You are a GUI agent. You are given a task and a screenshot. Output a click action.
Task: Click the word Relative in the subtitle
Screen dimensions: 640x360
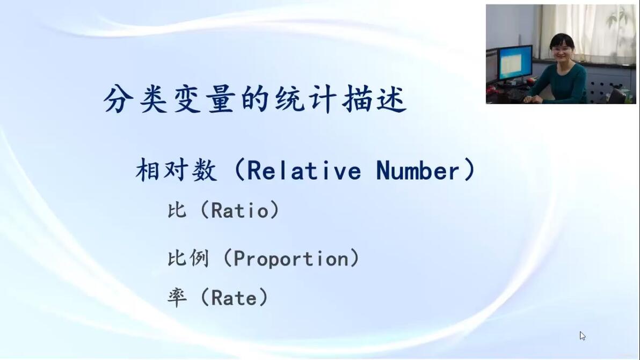[x=304, y=171]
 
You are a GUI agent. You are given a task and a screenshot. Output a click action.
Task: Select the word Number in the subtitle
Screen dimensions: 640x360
[x=418, y=171]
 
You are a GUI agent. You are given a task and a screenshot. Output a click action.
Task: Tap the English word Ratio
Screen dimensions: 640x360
[x=240, y=210]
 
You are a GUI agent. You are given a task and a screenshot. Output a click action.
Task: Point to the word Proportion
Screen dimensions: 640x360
[x=291, y=259]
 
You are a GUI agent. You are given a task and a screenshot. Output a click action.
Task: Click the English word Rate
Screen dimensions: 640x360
[x=234, y=298]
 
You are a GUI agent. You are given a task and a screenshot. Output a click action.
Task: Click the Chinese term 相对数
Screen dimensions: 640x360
[x=176, y=170]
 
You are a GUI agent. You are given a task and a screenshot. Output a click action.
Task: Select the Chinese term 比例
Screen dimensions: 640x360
[x=188, y=259]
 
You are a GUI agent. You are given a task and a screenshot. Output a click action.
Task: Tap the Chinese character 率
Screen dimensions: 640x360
[x=177, y=297]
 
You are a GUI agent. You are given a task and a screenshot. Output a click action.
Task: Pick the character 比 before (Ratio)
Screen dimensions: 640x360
[x=177, y=210]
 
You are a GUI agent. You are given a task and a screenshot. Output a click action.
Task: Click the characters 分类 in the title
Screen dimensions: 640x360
[x=135, y=99]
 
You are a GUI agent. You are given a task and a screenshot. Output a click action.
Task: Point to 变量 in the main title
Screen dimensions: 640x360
[x=205, y=99]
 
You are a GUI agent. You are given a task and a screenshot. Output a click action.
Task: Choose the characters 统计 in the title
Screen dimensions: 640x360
[x=306, y=99]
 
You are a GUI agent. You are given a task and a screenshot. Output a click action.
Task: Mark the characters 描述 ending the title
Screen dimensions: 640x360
[x=375, y=99]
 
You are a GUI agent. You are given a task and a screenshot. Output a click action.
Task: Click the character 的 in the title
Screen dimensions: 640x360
[x=255, y=99]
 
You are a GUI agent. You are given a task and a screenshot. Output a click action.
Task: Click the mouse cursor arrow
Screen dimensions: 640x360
[x=583, y=336]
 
